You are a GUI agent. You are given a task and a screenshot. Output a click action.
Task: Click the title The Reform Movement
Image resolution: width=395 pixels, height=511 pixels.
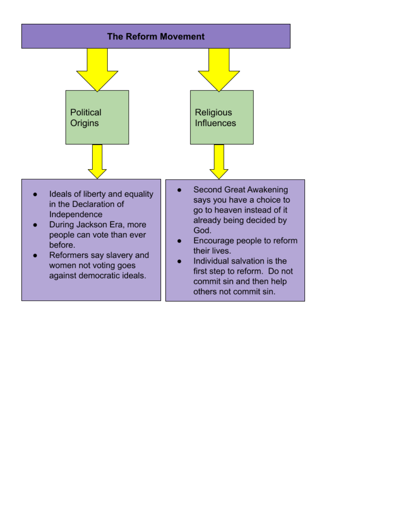156,37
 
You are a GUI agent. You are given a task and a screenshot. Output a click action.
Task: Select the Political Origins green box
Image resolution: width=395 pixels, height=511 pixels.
97,117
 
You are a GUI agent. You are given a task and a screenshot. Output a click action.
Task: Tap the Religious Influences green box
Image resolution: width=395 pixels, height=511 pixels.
222,117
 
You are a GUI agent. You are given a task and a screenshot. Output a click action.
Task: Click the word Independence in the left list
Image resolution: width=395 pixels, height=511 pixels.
76,214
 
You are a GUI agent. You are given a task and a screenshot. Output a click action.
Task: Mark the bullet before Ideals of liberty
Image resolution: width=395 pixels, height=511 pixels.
36,194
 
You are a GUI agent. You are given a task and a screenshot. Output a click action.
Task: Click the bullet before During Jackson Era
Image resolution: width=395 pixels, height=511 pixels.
36,225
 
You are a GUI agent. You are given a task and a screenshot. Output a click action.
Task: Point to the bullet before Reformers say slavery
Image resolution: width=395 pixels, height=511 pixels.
36,256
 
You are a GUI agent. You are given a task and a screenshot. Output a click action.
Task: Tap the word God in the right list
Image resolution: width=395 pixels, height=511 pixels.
201,230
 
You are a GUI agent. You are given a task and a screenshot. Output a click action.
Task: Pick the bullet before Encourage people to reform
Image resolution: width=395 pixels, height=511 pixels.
180,241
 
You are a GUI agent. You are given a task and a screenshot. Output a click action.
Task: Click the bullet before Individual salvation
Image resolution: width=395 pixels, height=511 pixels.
180,261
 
